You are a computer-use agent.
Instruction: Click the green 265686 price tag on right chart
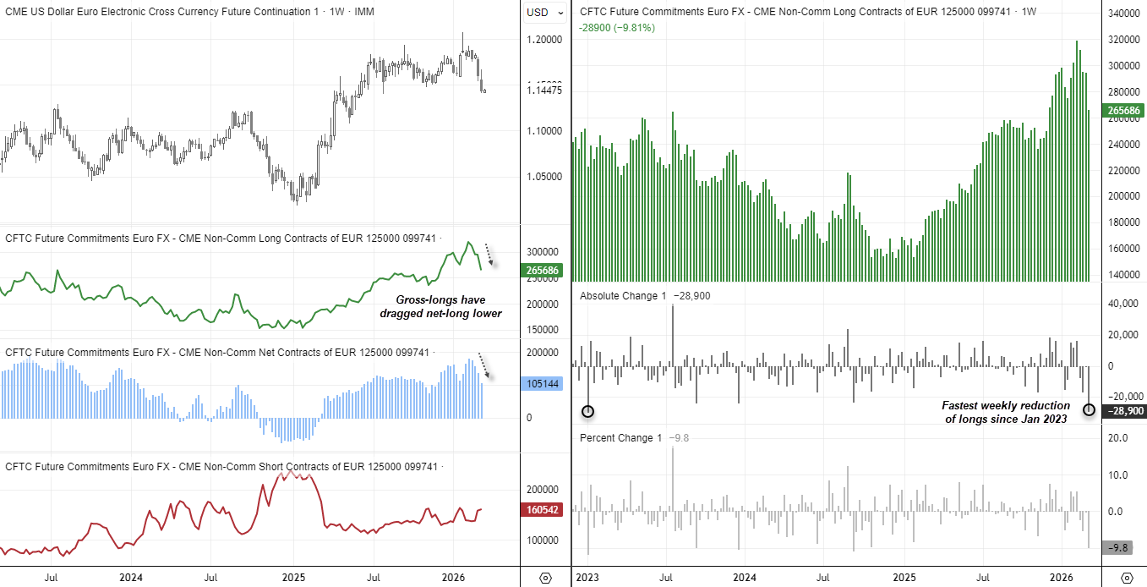pos(1124,111)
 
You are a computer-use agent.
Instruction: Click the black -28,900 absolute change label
pos(1124,411)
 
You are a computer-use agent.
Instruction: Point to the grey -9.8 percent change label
pos(1123,548)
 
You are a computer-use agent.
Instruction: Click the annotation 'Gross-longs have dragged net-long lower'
pos(449,306)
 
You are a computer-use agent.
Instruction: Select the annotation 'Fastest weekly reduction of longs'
pos(1006,412)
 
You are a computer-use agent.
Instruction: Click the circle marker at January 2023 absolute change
pos(588,411)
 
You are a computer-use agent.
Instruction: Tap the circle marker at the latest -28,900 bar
pos(1089,409)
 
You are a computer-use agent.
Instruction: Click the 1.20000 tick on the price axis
pos(545,40)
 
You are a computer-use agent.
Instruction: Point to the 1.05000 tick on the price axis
pos(545,177)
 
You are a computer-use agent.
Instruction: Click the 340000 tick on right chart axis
pos(1124,14)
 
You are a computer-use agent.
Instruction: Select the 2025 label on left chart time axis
pos(292,578)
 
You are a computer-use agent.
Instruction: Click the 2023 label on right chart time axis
pos(587,578)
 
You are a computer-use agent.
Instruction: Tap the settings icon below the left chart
pos(545,578)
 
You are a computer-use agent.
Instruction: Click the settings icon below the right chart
pos(1126,578)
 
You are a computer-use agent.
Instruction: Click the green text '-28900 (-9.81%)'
pos(617,28)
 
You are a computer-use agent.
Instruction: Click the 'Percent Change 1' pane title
pos(621,438)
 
